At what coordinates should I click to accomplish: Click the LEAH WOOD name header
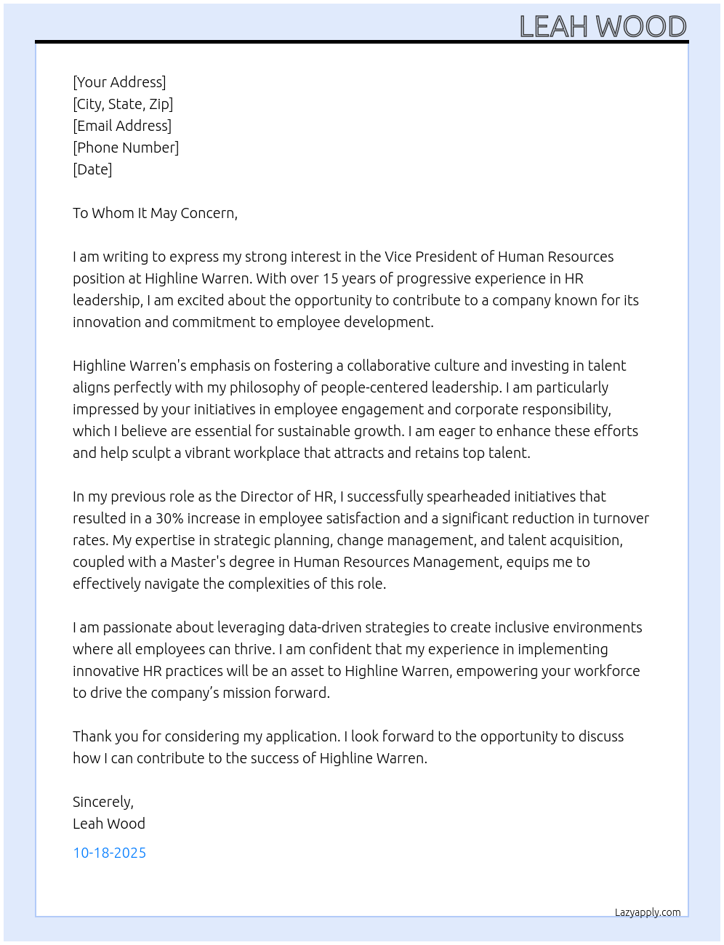(x=603, y=27)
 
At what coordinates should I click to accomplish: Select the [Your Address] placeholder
(x=119, y=82)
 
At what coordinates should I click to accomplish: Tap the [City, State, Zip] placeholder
(x=123, y=104)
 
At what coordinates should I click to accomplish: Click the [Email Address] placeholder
(x=122, y=126)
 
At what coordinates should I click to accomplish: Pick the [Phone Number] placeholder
(x=126, y=148)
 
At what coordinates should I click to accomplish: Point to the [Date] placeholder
(x=92, y=169)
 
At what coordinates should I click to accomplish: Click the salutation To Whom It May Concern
(x=155, y=213)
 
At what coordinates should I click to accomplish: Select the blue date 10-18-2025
(x=109, y=853)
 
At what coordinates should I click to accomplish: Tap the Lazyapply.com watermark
(x=648, y=912)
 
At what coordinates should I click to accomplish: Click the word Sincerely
(x=102, y=802)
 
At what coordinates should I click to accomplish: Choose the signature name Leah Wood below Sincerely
(x=109, y=824)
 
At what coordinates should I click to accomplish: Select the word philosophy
(x=265, y=387)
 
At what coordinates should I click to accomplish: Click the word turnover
(x=621, y=518)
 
